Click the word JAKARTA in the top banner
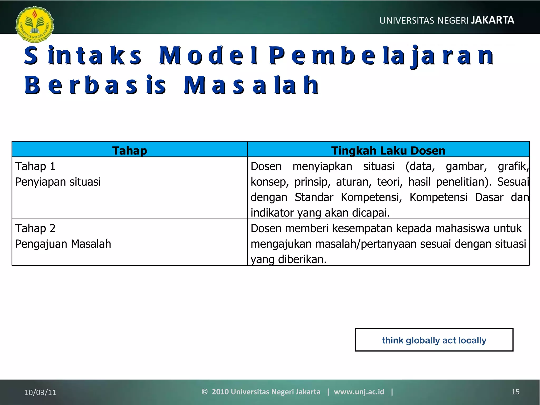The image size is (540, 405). coord(493,20)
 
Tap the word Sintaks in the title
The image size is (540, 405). coord(83,56)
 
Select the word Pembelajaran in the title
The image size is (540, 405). coord(381,56)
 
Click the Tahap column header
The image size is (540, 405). coord(129,151)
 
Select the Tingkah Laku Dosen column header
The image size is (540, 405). coord(388,151)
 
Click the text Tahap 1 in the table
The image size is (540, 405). coord(35,166)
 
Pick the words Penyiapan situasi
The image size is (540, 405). coord(58,182)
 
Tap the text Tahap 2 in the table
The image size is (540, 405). coord(35,228)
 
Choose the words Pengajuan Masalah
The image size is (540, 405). coord(63,244)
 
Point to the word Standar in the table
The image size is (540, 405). coord(314,197)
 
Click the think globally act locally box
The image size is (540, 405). coord(434,340)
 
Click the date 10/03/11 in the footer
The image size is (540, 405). coord(40,392)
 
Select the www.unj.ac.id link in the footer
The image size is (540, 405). coord(359,392)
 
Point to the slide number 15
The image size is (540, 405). coord(515,392)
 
